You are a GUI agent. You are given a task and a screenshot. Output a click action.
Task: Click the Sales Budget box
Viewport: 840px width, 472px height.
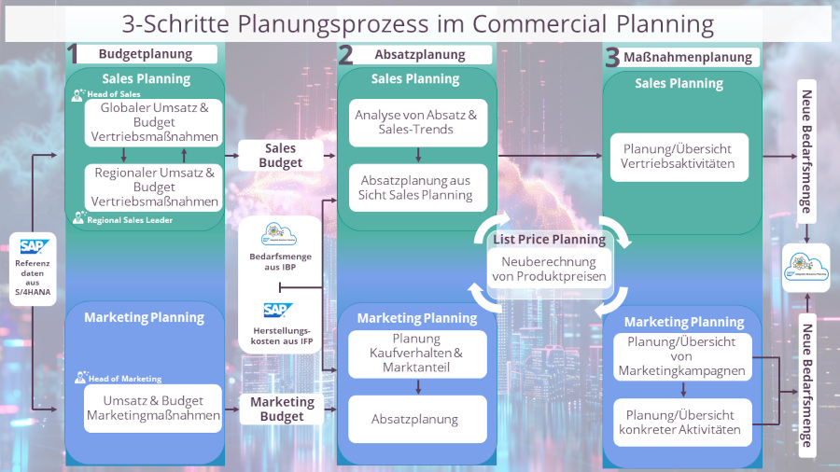tap(281, 156)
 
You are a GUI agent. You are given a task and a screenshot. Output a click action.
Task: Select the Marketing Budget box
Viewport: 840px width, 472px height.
tap(282, 409)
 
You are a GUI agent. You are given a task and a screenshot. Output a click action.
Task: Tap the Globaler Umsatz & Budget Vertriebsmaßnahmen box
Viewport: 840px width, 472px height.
tap(154, 122)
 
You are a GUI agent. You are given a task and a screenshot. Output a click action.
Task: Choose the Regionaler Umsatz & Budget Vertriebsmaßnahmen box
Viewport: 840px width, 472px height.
tap(154, 187)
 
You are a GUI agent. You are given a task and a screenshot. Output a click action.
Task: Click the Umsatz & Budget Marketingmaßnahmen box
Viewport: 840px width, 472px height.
tap(154, 408)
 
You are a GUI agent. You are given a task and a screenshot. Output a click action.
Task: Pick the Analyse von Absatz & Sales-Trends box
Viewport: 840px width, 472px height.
tap(416, 122)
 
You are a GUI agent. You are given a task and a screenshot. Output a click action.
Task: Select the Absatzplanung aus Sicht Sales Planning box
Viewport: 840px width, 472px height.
tap(416, 187)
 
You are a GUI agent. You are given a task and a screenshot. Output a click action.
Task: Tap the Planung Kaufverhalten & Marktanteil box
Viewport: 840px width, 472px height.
tap(416, 353)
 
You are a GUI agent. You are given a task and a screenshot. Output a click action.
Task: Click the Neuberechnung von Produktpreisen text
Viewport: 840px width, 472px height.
tap(548, 269)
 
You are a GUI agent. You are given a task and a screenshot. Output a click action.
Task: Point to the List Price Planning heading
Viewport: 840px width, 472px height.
tap(549, 240)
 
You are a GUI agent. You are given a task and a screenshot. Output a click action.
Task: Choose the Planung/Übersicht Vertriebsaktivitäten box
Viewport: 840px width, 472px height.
tap(678, 156)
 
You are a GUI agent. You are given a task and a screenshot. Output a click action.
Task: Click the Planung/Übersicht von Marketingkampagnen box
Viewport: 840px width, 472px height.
tap(681, 356)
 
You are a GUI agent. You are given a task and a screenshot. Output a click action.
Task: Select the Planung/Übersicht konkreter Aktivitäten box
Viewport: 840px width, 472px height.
tap(681, 422)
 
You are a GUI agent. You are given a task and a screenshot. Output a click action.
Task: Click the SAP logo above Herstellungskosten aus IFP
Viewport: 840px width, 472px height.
tap(277, 310)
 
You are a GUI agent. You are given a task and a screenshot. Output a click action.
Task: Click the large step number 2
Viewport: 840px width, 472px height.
tap(345, 56)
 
